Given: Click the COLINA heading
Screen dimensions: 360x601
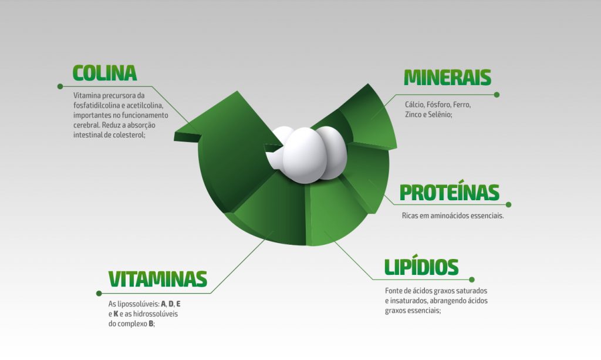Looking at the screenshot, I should pyautogui.click(x=104, y=73).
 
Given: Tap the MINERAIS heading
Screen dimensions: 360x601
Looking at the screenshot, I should pyautogui.click(x=447, y=78).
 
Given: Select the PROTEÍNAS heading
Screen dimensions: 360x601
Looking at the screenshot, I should pyautogui.click(x=449, y=193).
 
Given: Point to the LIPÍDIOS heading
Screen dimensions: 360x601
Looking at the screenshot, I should pyautogui.click(x=421, y=267).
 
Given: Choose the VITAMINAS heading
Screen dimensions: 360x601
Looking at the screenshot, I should pyautogui.click(x=157, y=279).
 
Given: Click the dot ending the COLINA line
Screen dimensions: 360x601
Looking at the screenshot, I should pyautogui.click(x=60, y=86).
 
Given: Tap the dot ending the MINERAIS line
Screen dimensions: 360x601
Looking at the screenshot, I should pyautogui.click(x=497, y=95).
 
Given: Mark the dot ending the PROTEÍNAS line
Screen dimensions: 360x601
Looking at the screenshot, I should pyautogui.click(x=508, y=205).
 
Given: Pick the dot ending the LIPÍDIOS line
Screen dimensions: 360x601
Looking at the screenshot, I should pyautogui.click(x=472, y=280).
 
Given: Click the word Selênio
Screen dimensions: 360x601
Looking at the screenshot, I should pyautogui.click(x=439, y=115).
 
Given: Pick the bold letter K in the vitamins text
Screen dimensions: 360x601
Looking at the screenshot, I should pyautogui.click(x=116, y=314).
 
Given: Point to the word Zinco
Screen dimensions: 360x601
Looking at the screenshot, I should pyautogui.click(x=414, y=115).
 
